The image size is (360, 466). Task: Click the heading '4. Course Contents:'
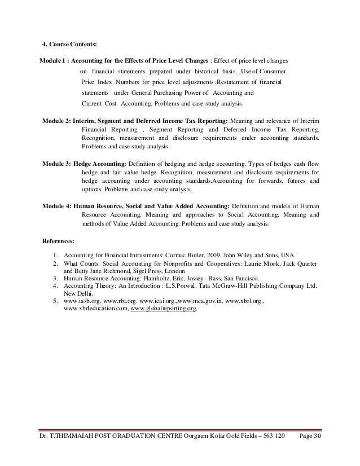point(70,45)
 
